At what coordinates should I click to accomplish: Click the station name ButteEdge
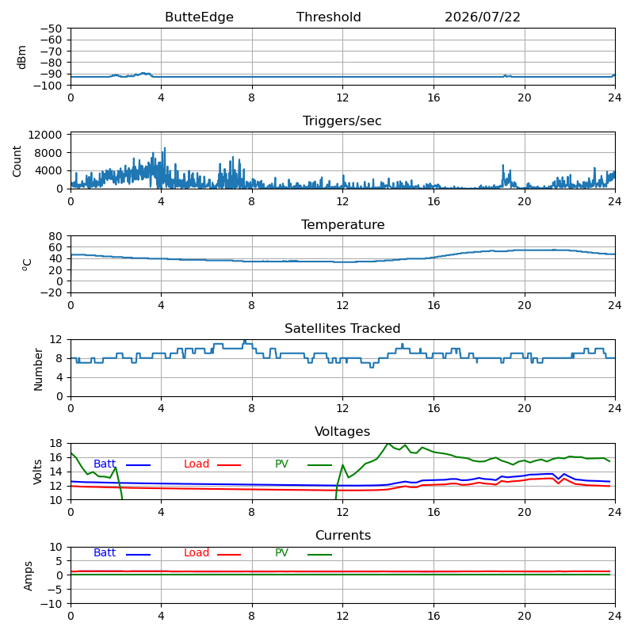(x=199, y=17)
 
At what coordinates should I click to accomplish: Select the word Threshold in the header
(x=328, y=17)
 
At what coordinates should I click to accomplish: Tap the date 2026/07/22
(x=483, y=17)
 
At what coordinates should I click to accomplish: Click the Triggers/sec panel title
(x=342, y=121)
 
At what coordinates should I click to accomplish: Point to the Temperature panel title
(x=342, y=225)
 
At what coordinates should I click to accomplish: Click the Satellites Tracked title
(x=342, y=328)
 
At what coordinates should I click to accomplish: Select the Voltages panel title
(x=342, y=432)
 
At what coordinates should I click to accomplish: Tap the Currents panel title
(x=343, y=536)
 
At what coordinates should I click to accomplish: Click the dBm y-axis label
(x=22, y=57)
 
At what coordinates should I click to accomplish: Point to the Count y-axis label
(x=17, y=162)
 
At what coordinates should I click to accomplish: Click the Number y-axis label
(x=38, y=369)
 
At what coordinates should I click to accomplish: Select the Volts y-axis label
(x=37, y=472)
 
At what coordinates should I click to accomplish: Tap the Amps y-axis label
(x=28, y=576)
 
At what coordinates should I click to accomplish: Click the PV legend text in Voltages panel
(x=281, y=464)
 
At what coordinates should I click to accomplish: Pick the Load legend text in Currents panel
(x=196, y=552)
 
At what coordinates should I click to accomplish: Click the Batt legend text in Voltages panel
(x=105, y=464)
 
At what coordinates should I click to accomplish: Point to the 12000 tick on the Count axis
(x=44, y=135)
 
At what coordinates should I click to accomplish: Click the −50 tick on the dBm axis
(x=51, y=29)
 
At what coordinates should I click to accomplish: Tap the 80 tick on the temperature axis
(x=55, y=236)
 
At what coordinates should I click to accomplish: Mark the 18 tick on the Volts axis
(x=55, y=444)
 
